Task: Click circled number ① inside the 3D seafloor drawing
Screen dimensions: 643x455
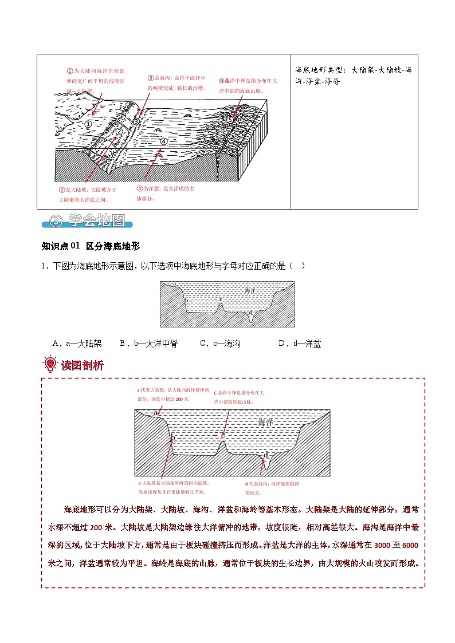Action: tap(88, 123)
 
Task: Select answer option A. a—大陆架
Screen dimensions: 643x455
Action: tap(77, 344)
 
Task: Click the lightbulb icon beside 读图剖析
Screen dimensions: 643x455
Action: tap(50, 364)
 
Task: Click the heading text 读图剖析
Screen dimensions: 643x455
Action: tap(83, 365)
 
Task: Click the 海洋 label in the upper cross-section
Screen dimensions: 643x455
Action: tap(250, 291)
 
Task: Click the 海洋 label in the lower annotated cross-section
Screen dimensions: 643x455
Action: tap(266, 423)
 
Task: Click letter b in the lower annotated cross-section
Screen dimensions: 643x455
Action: tap(172, 439)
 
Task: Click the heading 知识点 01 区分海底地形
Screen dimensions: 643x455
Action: tap(91, 246)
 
